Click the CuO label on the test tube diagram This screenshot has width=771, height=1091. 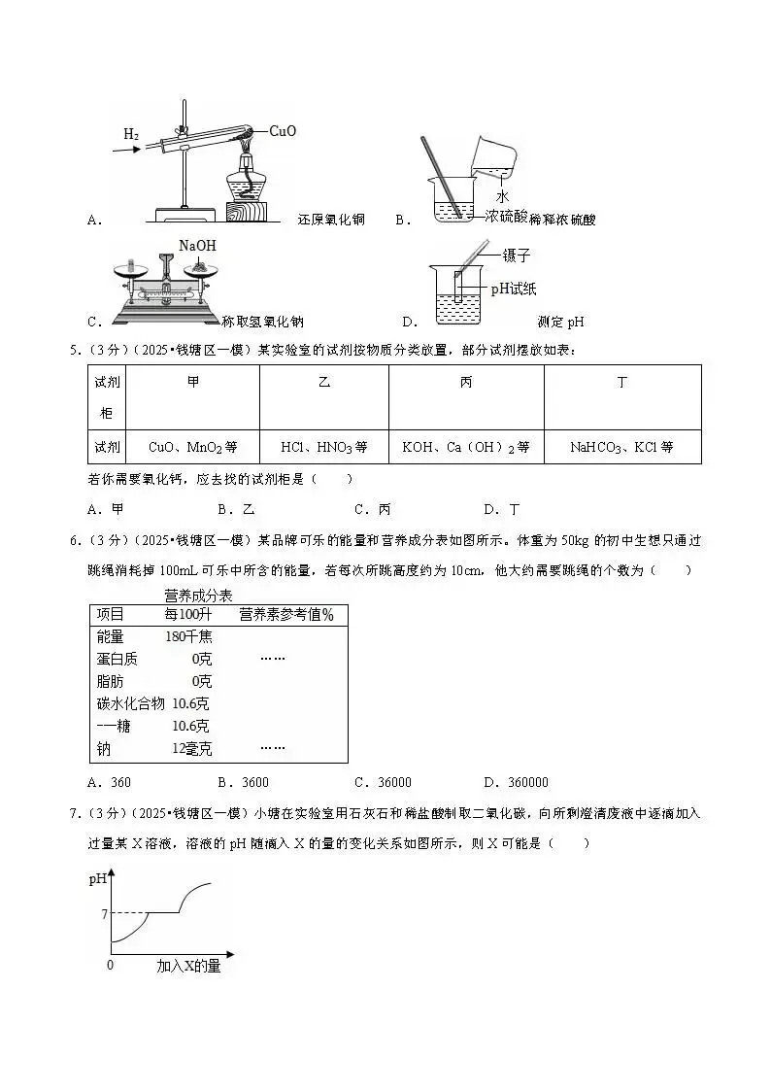pyautogui.click(x=282, y=130)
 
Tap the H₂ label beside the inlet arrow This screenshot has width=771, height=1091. pyautogui.click(x=131, y=134)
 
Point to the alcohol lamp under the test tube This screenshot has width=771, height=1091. pyautogui.click(x=247, y=185)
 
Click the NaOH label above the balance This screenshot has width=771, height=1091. pyautogui.click(x=197, y=246)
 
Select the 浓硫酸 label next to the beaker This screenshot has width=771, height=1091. pyautogui.click(x=506, y=217)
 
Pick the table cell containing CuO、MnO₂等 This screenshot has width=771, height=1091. pyautogui.click(x=192, y=447)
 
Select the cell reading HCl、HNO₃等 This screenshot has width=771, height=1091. pyautogui.click(x=323, y=447)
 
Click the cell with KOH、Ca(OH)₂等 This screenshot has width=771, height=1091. pyautogui.click(x=465, y=447)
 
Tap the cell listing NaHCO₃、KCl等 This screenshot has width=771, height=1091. pyautogui.click(x=621, y=447)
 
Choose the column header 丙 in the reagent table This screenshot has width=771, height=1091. pyautogui.click(x=465, y=383)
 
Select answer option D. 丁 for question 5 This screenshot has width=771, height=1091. pyautogui.click(x=502, y=508)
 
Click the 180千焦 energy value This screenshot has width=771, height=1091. pyautogui.click(x=189, y=636)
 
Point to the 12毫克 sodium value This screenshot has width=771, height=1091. pyautogui.click(x=191, y=748)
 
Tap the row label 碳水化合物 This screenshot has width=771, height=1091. pyautogui.click(x=131, y=703)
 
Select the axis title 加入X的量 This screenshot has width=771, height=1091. pyautogui.click(x=188, y=966)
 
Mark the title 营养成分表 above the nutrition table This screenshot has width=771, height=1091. pyautogui.click(x=198, y=595)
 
